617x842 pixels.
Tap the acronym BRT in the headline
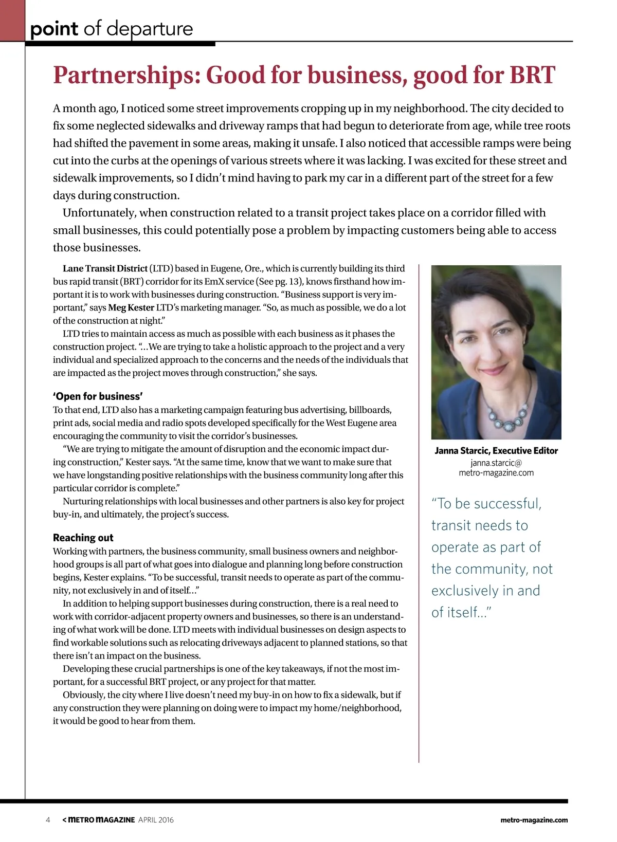[532, 75]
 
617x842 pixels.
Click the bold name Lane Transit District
[105, 268]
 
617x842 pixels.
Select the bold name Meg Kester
[131, 307]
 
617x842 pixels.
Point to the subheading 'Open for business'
[98, 396]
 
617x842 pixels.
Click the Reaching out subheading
[83, 538]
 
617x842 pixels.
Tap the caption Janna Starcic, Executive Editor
[496, 451]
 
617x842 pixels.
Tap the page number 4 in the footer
[48, 820]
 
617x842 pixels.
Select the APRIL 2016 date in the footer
[156, 820]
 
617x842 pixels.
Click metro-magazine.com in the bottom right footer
[534, 820]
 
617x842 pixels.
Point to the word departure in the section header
[150, 29]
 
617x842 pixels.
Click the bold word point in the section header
[54, 29]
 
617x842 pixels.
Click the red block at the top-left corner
[12, 21]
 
